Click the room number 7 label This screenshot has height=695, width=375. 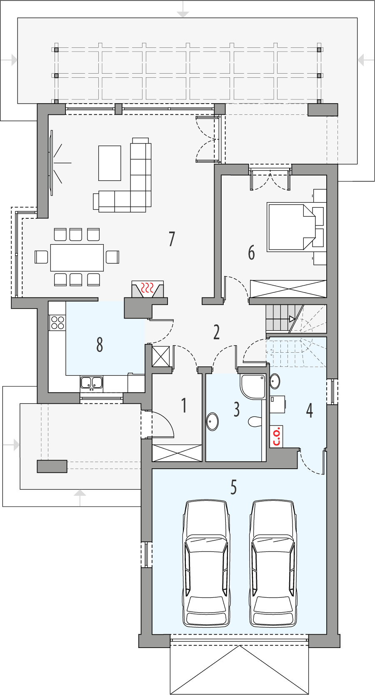[172, 239]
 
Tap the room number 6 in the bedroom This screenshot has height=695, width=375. [251, 252]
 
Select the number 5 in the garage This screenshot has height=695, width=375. [233, 487]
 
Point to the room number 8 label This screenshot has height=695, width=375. [100, 344]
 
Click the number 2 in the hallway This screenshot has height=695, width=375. [217, 332]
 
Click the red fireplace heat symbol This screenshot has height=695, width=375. [147, 288]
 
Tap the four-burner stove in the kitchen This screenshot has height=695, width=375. [57, 322]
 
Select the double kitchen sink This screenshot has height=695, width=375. [92, 383]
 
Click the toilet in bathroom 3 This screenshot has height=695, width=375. [254, 422]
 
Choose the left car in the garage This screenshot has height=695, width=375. [206, 564]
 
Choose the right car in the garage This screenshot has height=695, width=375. [273, 564]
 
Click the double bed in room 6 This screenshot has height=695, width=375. [292, 227]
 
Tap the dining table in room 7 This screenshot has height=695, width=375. [77, 257]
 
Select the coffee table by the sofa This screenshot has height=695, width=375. [110, 163]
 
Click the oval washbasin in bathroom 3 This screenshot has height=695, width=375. [212, 421]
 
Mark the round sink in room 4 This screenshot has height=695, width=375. [275, 381]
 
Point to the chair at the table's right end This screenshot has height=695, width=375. [112, 257]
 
